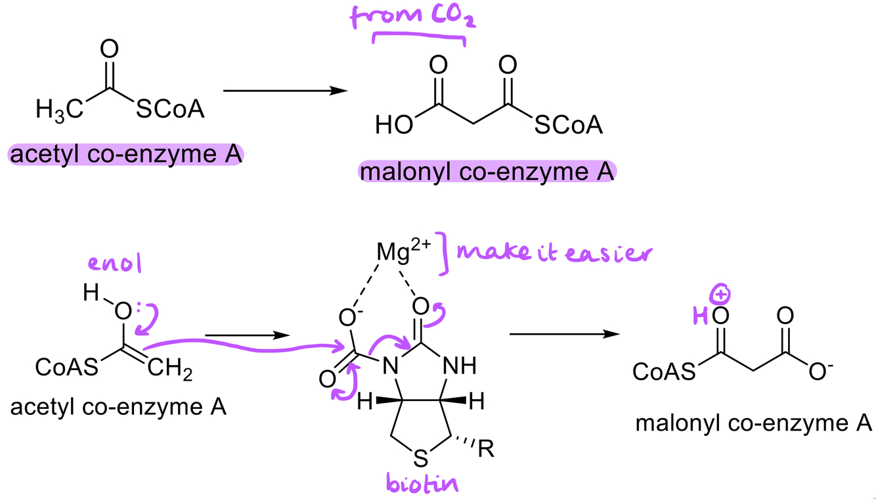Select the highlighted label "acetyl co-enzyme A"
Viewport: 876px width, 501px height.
tap(125, 156)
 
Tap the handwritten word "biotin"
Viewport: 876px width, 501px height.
tap(420, 485)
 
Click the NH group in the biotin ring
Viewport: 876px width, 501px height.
tap(464, 365)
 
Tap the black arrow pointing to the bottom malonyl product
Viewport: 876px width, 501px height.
tap(564, 334)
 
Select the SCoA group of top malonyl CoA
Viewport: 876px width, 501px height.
tap(568, 125)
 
